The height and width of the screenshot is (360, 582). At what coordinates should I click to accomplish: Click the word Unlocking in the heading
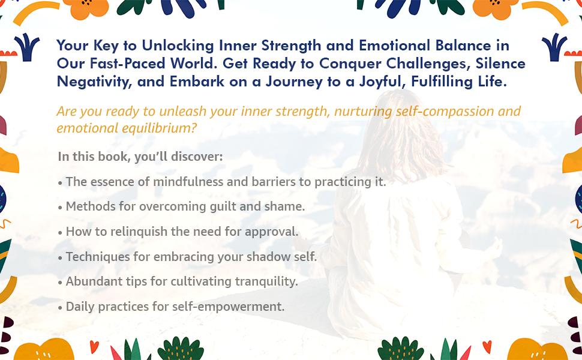(x=180, y=46)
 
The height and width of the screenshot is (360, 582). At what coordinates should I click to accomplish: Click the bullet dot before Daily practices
(x=60, y=307)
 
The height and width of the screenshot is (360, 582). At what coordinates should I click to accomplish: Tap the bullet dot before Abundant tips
(x=60, y=282)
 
